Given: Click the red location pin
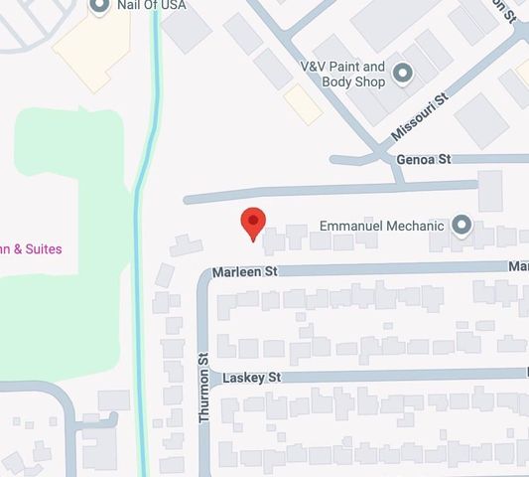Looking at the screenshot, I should [x=253, y=223].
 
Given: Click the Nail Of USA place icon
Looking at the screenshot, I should [x=99, y=6].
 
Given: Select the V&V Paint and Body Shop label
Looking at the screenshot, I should [x=342, y=74].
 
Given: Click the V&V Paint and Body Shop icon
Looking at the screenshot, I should [x=402, y=73].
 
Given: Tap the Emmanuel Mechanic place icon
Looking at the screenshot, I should [x=461, y=226].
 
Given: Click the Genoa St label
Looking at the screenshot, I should [x=423, y=159].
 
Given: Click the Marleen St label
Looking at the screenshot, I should [x=244, y=271].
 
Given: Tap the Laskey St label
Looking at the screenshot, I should [x=252, y=378].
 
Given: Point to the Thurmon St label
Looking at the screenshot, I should [x=205, y=396].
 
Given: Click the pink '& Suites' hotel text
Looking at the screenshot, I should [x=31, y=248].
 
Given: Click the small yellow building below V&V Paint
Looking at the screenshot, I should [x=303, y=104].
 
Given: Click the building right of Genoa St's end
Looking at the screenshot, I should [x=490, y=190].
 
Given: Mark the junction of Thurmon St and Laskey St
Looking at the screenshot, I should [x=205, y=376].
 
